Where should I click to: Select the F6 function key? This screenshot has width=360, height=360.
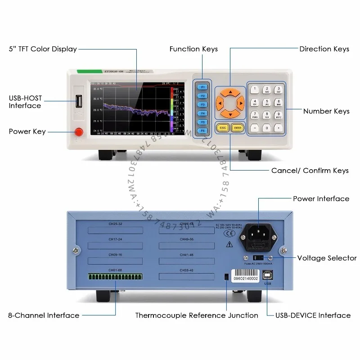(x=203, y=130)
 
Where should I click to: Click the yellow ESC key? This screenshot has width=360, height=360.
(x=222, y=127)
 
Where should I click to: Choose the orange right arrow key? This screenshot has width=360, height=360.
(x=241, y=104)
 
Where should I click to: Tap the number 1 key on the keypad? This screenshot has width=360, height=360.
(x=255, y=90)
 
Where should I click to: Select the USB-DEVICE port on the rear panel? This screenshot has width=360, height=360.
(x=268, y=274)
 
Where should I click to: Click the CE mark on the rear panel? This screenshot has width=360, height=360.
(x=229, y=234)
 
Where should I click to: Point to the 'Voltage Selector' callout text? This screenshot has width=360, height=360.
(x=327, y=258)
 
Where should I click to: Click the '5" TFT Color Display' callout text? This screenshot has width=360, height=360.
(x=43, y=49)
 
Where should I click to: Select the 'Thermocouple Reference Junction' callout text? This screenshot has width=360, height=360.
(x=197, y=315)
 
